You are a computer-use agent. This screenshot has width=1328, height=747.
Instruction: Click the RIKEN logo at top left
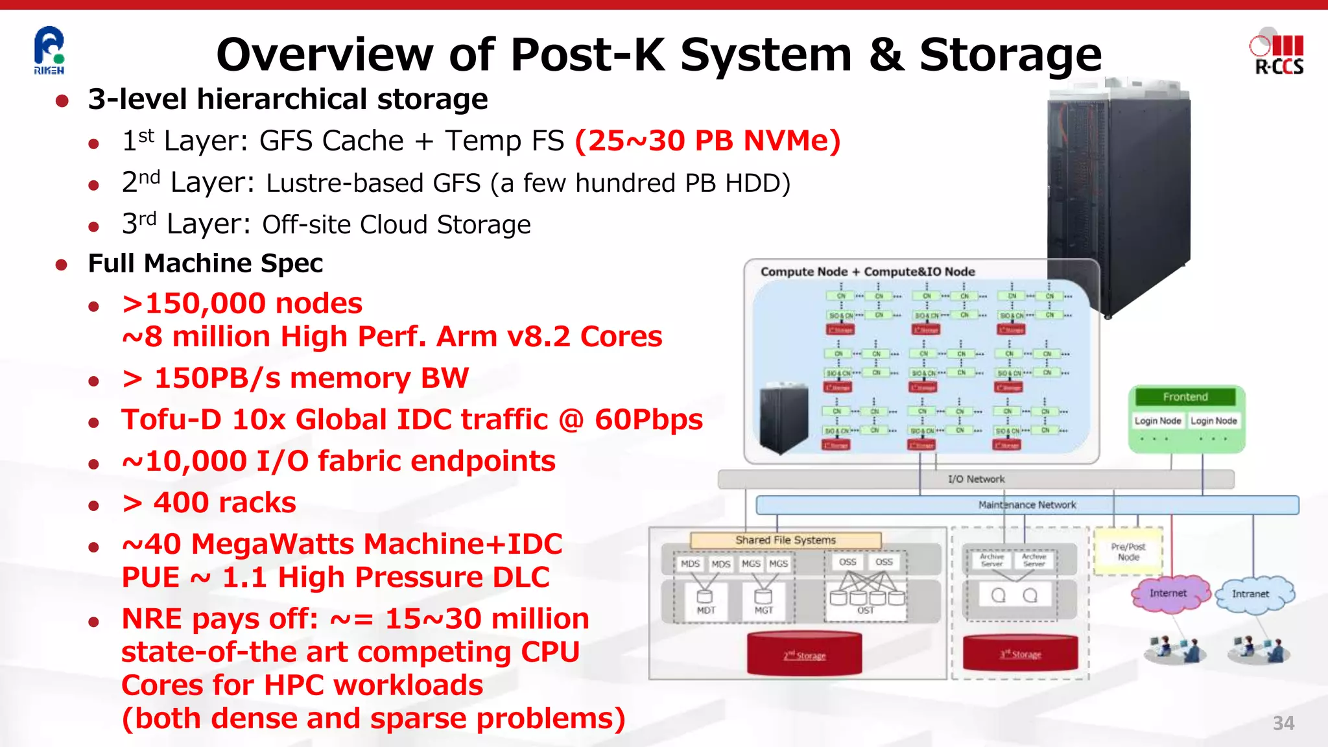(49, 51)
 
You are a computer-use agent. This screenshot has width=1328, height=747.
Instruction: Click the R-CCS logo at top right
(1277, 54)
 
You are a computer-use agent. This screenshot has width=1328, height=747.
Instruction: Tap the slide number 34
(1283, 723)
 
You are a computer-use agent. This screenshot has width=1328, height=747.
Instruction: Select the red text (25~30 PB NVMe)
(707, 141)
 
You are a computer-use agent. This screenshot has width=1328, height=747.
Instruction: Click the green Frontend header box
(1185, 397)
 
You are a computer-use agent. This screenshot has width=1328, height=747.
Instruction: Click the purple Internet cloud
(1169, 593)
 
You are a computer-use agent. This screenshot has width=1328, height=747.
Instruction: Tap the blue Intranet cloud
(1251, 594)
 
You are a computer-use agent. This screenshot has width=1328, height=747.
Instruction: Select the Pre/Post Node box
(1128, 552)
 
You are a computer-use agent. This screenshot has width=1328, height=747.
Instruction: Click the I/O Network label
(976, 479)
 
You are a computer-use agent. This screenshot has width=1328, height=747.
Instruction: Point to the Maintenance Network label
(1026, 504)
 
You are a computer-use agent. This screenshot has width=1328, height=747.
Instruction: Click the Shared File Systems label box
(785, 540)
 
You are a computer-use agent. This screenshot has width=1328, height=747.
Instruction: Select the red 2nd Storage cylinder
(804, 654)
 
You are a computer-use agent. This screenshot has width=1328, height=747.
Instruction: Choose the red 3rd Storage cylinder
(1020, 653)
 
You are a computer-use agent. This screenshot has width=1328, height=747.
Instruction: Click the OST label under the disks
(866, 611)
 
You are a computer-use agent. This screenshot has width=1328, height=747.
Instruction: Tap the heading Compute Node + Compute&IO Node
(868, 272)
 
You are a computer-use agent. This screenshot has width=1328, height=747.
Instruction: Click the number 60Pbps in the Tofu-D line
(648, 420)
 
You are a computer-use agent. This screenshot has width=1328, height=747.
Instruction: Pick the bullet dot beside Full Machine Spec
(62, 265)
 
